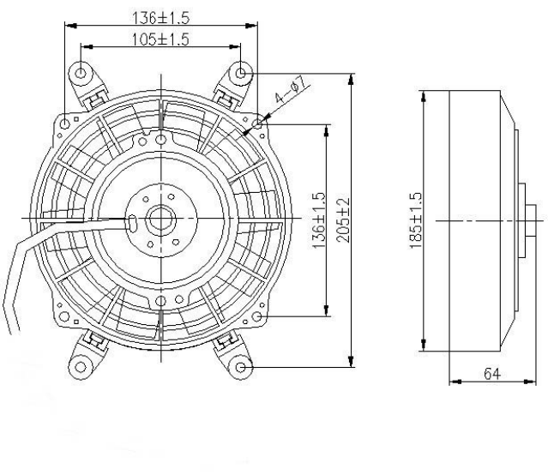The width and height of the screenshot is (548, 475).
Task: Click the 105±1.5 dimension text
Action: point(160,39)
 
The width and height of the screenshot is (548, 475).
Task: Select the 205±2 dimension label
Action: point(343,221)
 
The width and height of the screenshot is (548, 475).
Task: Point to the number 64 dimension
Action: point(486,375)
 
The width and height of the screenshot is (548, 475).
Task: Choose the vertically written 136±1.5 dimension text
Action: point(319,221)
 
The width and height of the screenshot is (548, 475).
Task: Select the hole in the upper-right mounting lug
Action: point(241,72)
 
